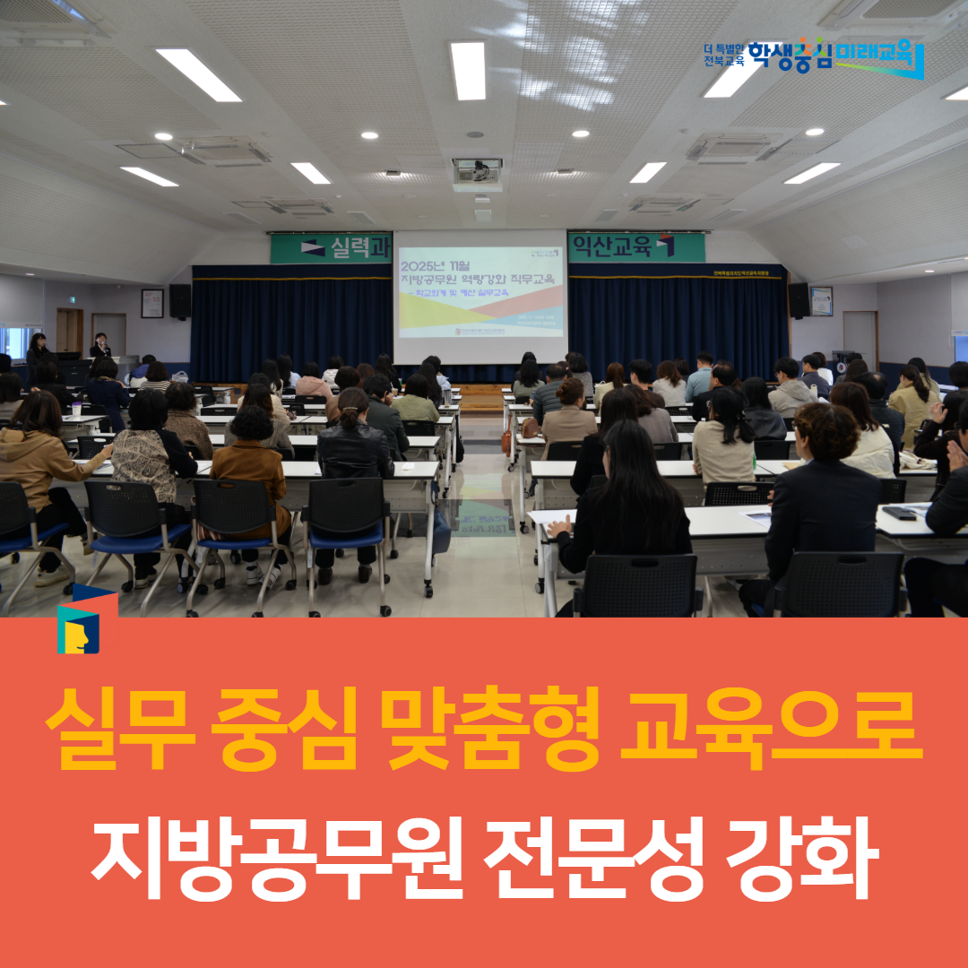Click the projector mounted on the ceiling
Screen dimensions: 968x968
(477, 171)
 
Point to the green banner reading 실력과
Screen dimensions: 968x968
(331, 247)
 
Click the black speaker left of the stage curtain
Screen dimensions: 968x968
(179, 300)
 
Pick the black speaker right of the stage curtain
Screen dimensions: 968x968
(799, 300)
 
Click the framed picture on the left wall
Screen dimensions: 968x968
(152, 303)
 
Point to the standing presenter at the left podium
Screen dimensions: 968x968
(99, 347)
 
